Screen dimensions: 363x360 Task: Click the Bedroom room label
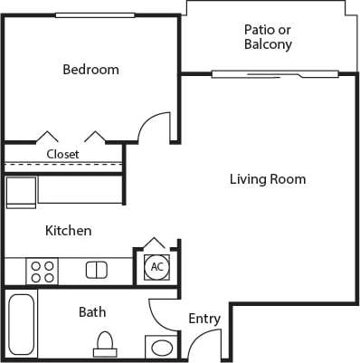90,70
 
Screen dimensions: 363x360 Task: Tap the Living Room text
267,179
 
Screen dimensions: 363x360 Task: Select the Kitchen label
69,231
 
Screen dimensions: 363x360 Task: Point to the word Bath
92,312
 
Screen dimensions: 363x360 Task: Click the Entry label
204,319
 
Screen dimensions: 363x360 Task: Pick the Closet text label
63,154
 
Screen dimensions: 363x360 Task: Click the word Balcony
268,43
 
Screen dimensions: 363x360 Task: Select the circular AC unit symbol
156,267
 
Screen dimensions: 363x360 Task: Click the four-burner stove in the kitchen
43,271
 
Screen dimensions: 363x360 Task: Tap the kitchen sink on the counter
97,270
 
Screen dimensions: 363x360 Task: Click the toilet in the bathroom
105,344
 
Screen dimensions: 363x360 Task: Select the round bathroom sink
163,348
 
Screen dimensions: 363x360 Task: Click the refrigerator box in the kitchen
21,193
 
